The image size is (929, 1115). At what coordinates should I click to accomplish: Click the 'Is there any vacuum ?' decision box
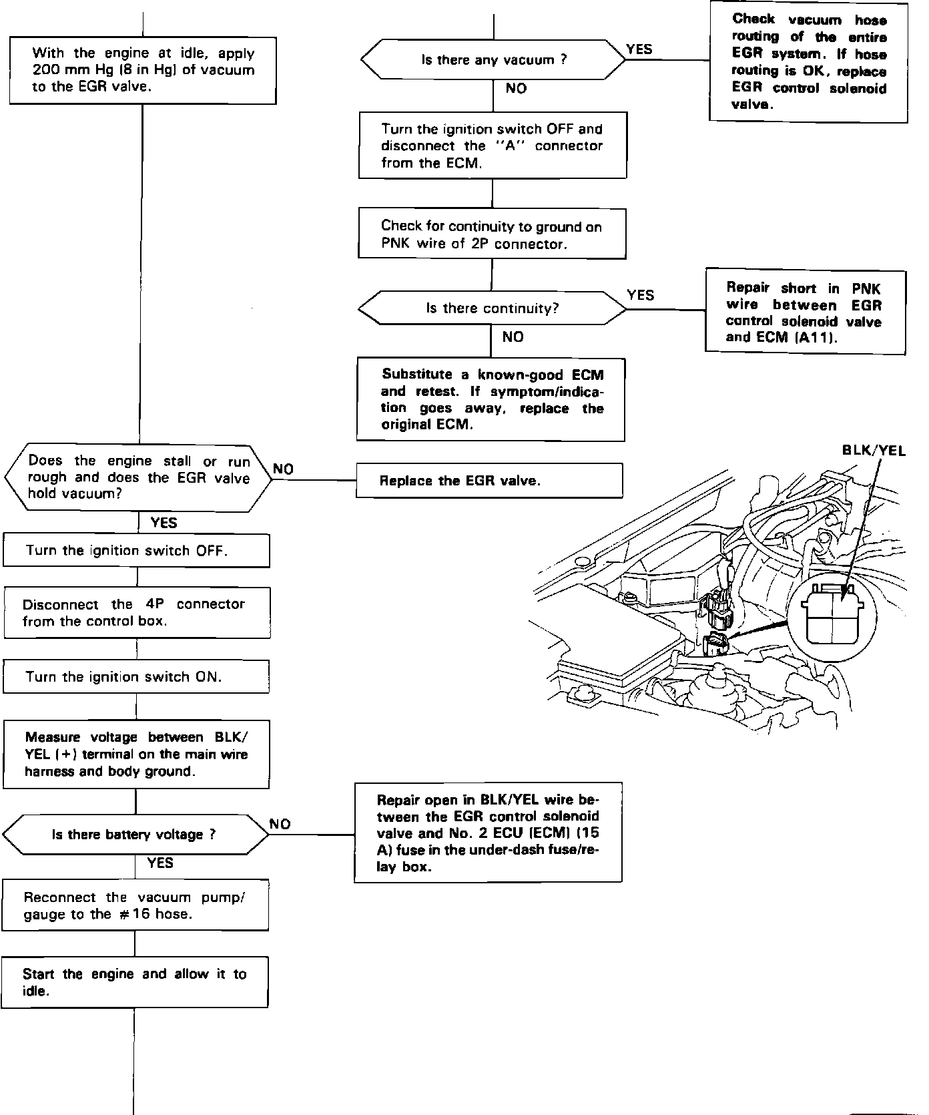(x=493, y=60)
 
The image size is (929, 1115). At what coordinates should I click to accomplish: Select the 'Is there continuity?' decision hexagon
(x=493, y=308)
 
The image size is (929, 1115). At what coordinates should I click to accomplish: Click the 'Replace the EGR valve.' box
(x=489, y=481)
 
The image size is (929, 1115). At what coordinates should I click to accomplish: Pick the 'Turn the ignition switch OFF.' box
(x=137, y=551)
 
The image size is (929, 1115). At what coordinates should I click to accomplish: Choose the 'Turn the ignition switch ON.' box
(x=136, y=677)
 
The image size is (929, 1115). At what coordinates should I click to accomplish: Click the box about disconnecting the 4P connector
(x=137, y=613)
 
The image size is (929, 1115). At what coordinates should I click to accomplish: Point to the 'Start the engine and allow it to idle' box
(x=135, y=982)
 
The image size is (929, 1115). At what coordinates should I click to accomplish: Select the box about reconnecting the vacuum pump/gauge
(x=135, y=906)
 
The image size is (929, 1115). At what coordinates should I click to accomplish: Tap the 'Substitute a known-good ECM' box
(x=491, y=400)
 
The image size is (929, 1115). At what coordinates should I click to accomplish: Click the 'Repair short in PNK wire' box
(x=806, y=312)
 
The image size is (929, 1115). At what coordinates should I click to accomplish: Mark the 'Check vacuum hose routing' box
(x=808, y=62)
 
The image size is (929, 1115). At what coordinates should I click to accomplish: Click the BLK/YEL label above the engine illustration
(x=874, y=451)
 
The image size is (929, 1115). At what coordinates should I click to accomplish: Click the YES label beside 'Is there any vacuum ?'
(x=639, y=49)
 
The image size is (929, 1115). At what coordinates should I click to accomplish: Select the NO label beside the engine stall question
(x=283, y=469)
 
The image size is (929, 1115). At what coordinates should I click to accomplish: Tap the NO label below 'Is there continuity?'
(x=513, y=337)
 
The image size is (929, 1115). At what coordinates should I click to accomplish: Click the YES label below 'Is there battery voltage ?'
(x=160, y=863)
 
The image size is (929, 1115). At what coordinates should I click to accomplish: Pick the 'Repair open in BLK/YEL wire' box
(x=488, y=833)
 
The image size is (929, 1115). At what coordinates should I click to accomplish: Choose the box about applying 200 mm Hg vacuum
(x=143, y=70)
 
